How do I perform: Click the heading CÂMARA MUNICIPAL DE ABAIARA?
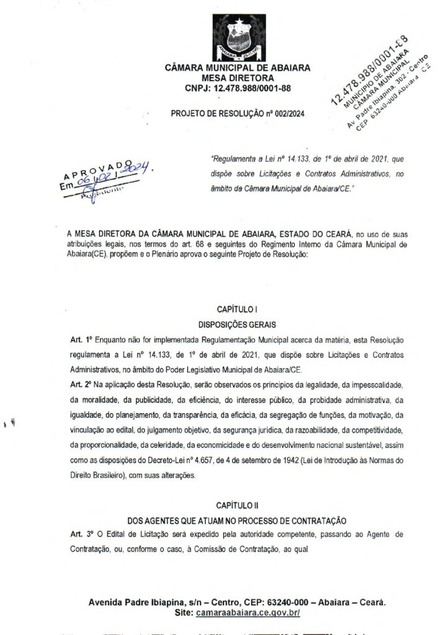pyautogui.click(x=238, y=69)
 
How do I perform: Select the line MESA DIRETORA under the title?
pyautogui.click(x=238, y=79)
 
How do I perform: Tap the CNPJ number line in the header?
pyautogui.click(x=238, y=89)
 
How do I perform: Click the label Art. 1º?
pyautogui.click(x=81, y=340)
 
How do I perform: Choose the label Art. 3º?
pyautogui.click(x=81, y=534)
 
